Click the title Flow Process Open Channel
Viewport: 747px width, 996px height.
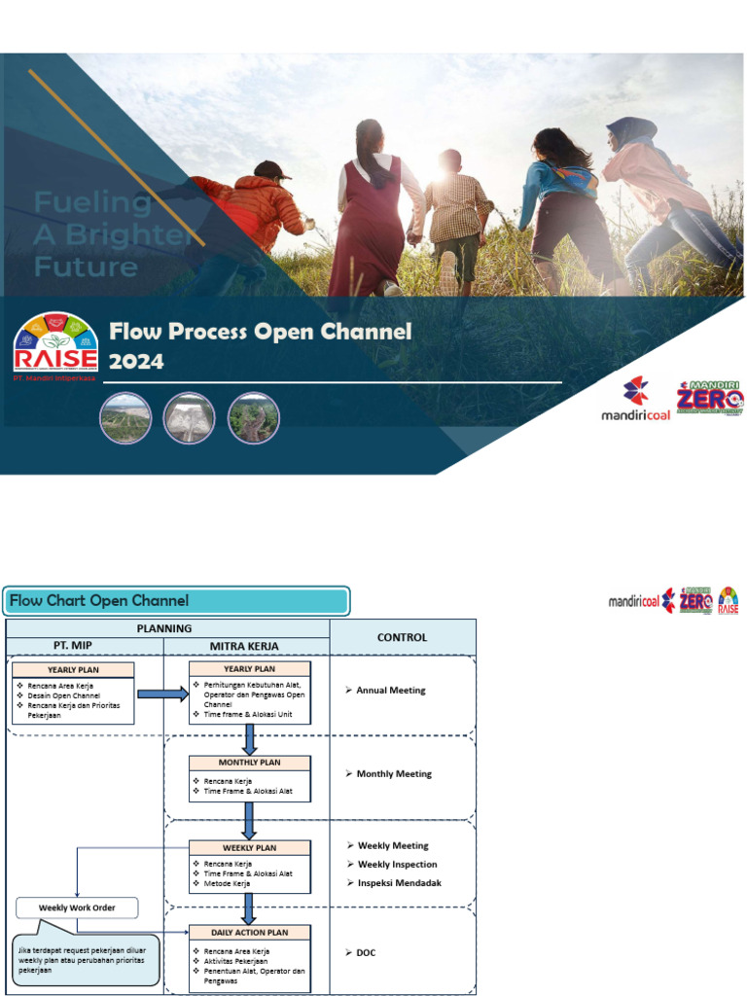tap(260, 332)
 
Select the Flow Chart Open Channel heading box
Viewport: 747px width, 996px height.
tap(176, 601)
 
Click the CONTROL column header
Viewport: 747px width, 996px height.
tap(402, 637)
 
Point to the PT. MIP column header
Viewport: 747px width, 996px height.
tap(85, 646)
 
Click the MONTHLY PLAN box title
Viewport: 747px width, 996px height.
tap(250, 763)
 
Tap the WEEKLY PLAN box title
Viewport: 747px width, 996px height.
tap(250, 847)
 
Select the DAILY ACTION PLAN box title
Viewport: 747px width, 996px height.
tap(250, 932)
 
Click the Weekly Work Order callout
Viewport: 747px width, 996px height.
tap(77, 907)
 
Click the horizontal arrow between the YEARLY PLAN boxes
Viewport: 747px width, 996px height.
tap(162, 694)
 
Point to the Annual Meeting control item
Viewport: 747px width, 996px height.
tap(389, 691)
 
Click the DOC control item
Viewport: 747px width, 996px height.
tap(365, 952)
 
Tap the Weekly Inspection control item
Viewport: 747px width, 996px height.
tap(397, 865)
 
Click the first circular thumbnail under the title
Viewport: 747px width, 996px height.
tap(125, 418)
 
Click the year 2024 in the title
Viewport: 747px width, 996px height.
tap(136, 362)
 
